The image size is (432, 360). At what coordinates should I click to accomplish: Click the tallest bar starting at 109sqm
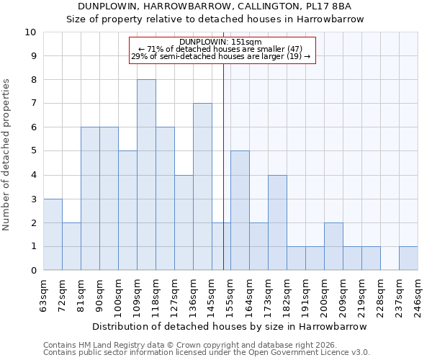[146, 175]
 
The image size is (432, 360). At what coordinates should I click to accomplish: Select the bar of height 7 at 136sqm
[202, 186]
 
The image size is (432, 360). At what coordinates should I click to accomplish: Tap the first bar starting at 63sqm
[53, 235]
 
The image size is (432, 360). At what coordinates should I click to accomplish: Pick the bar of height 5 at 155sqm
[240, 210]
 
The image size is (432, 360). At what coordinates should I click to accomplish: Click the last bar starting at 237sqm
[408, 258]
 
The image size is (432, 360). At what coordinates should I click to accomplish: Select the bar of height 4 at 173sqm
[277, 222]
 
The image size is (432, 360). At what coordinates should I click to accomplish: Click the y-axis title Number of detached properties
[6, 155]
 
